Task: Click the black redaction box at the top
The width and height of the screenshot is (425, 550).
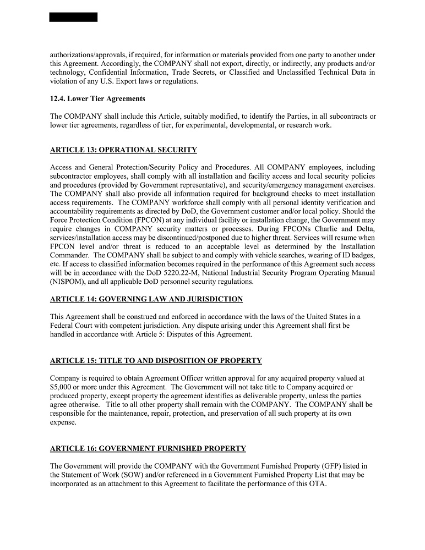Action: pyautogui.click(x=73, y=17)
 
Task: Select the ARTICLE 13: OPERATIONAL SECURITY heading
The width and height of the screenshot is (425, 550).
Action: pyautogui.click(x=123, y=150)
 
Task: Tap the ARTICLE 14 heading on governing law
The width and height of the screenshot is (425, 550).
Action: pyautogui.click(x=146, y=299)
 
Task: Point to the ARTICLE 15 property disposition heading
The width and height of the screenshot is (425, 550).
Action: pyautogui.click(x=156, y=361)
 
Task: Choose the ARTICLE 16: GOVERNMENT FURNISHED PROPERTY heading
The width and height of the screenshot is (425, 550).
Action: pyautogui.click(x=148, y=449)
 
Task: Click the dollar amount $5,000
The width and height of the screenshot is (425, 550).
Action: pyautogui.click(x=61, y=387)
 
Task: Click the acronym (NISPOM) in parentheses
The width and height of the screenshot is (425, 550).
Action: pyautogui.click(x=69, y=282)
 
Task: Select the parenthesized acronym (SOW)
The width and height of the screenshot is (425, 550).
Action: pyautogui.click(x=134, y=475)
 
